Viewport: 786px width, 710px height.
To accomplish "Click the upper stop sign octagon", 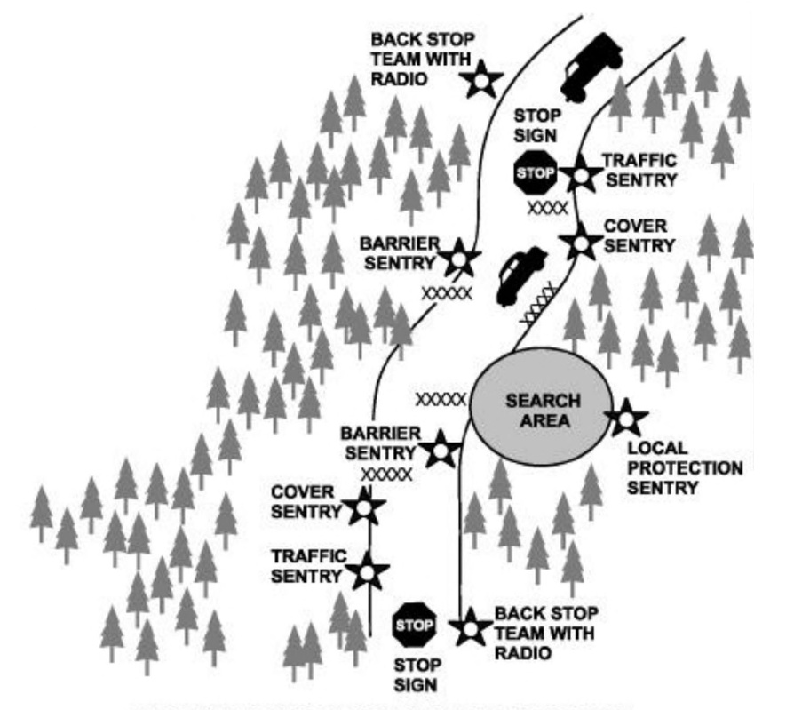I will (535, 172).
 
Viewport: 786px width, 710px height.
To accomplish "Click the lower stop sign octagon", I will (414, 625).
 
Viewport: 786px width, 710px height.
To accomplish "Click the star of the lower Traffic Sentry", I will (366, 570).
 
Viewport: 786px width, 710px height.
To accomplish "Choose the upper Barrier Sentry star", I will (459, 259).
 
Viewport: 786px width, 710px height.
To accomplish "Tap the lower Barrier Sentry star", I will (440, 450).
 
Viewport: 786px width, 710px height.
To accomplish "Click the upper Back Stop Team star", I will (480, 82).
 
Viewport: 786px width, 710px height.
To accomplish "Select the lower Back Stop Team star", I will (469, 627).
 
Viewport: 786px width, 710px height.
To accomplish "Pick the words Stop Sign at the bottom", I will (414, 674).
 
